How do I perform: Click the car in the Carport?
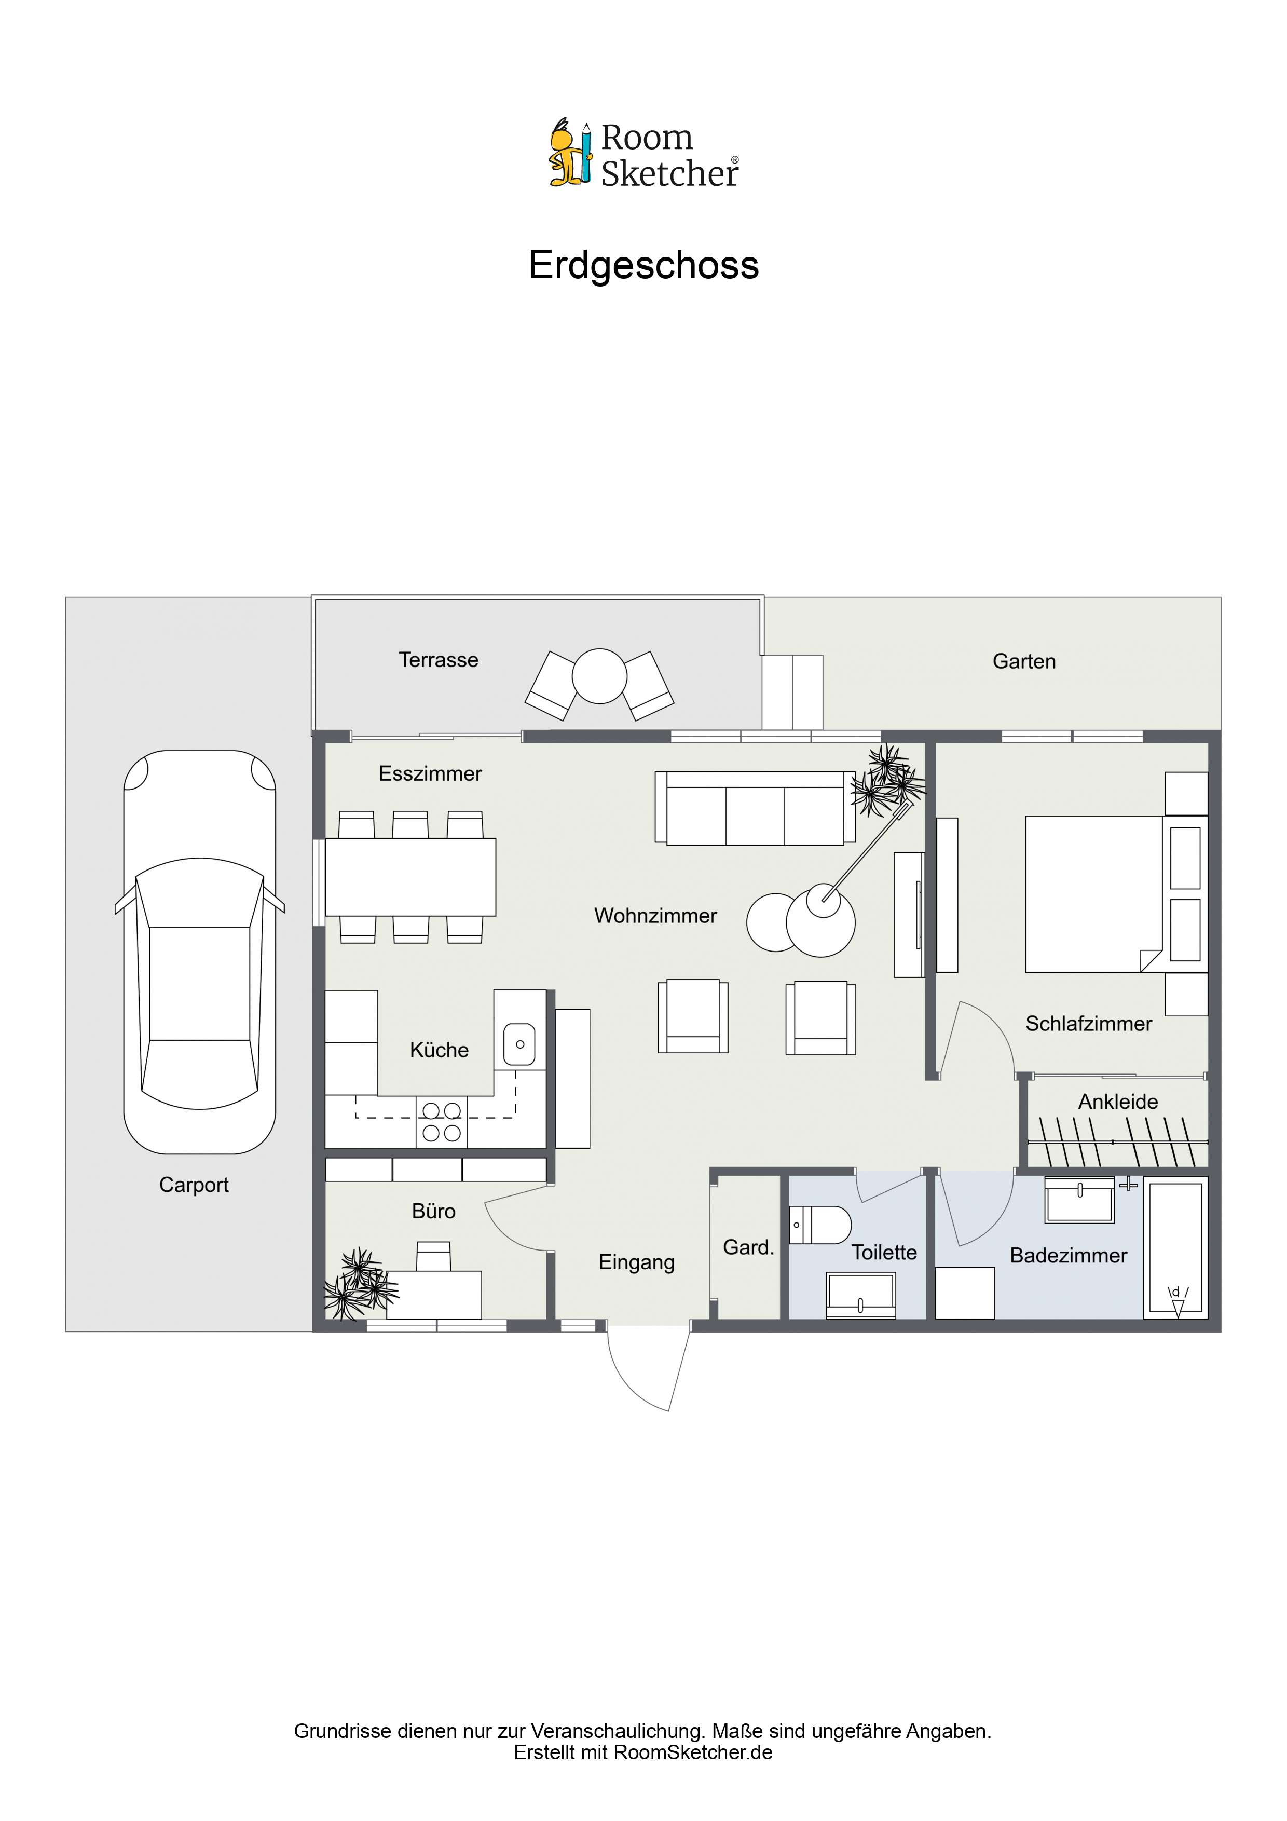click(x=199, y=951)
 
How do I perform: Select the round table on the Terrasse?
click(x=599, y=676)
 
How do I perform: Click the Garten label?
click(x=1024, y=661)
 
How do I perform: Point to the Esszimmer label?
click(x=430, y=773)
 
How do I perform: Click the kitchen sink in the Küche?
click(x=519, y=1044)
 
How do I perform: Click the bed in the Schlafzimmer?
click(x=1094, y=894)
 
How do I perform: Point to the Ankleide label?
click(x=1117, y=1102)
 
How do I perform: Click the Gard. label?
click(x=748, y=1247)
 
